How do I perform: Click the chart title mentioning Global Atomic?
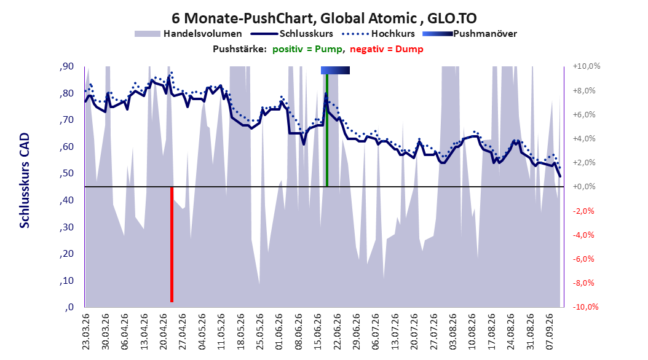pos(324,18)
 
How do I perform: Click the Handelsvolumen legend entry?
pos(189,34)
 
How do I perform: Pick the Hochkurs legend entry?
pos(378,34)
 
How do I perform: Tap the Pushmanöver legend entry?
pos(470,34)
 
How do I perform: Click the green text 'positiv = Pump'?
pos(307,49)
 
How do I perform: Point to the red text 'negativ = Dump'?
pos(387,49)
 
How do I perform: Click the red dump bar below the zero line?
pos(172,245)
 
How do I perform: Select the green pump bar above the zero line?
pos(327,130)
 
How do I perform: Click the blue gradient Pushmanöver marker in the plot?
pos(335,71)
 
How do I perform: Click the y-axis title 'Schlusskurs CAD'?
pos(25,181)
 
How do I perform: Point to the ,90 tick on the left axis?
pos(66,66)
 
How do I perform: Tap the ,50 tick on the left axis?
pos(66,173)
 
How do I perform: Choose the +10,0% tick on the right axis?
pos(587,66)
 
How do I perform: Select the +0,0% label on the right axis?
pos(584,187)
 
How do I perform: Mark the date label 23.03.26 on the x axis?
pos(85,332)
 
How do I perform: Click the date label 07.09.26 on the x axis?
pos(550,332)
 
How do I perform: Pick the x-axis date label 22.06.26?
pos(338,332)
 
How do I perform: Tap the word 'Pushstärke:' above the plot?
pos(240,49)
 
